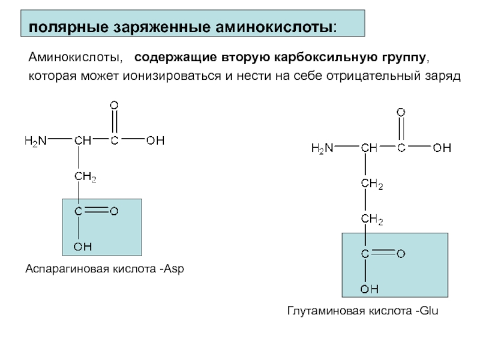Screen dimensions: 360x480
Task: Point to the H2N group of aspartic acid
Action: pyautogui.click(x=35, y=141)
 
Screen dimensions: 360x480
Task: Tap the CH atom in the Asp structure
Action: pyautogui.click(x=83, y=141)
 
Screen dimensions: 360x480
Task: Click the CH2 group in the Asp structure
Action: pyautogui.click(x=85, y=177)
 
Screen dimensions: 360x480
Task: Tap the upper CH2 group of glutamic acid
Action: pyautogui.click(x=371, y=184)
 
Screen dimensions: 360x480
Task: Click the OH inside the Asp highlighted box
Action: pyautogui.click(x=82, y=246)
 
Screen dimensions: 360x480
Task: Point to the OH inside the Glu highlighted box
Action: pyautogui.click(x=369, y=289)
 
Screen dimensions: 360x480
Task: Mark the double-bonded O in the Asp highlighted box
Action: pyautogui.click(x=114, y=211)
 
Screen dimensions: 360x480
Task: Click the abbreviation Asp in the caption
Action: pyautogui.click(x=173, y=269)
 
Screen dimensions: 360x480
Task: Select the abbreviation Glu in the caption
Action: pyautogui.click(x=430, y=311)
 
